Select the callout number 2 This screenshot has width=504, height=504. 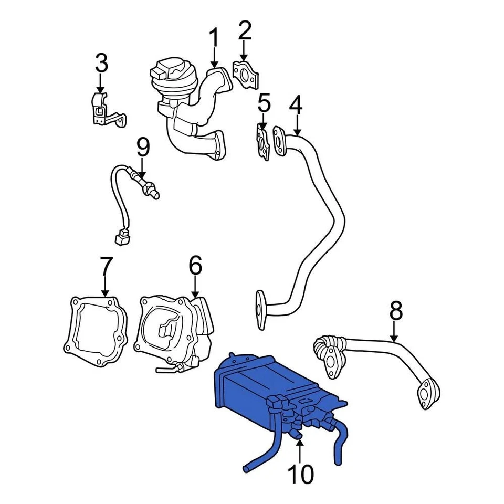point(244,31)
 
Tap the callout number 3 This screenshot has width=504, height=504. point(101,63)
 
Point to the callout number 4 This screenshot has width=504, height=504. point(296,106)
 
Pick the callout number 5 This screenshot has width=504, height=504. point(264,104)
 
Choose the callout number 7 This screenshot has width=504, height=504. point(106,267)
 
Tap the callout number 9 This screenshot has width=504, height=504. point(143,148)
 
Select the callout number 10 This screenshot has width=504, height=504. point(300,474)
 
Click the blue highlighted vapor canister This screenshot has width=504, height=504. point(252,388)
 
